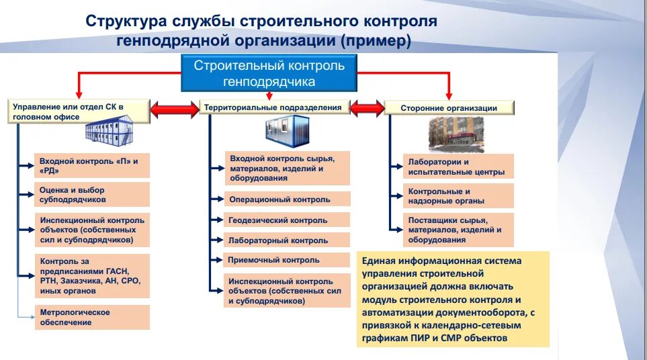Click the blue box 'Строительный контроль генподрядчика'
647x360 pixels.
[x=269, y=73]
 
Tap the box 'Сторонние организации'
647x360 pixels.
[x=449, y=107]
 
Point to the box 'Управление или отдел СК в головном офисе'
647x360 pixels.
[x=79, y=111]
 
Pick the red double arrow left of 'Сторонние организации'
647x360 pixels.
[x=365, y=108]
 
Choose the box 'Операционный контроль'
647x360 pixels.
[x=288, y=199]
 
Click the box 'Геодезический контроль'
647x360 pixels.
[x=288, y=220]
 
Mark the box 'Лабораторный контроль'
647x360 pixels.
[x=288, y=240]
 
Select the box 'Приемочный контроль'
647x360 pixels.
[x=287, y=261]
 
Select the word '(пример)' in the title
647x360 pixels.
[x=375, y=42]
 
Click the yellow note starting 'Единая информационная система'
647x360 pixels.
[x=453, y=299]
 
